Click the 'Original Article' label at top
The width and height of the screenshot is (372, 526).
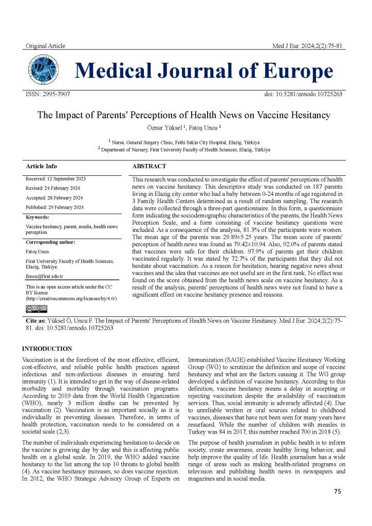point(45,46)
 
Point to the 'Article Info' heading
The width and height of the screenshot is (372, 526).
point(41,167)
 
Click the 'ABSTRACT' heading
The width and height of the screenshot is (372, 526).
point(149,167)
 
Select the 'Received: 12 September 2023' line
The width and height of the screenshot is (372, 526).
point(56,179)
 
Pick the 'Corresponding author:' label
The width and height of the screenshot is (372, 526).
point(50,242)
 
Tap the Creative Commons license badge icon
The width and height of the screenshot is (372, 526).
point(36,309)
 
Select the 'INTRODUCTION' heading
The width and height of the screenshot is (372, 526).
point(47,349)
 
